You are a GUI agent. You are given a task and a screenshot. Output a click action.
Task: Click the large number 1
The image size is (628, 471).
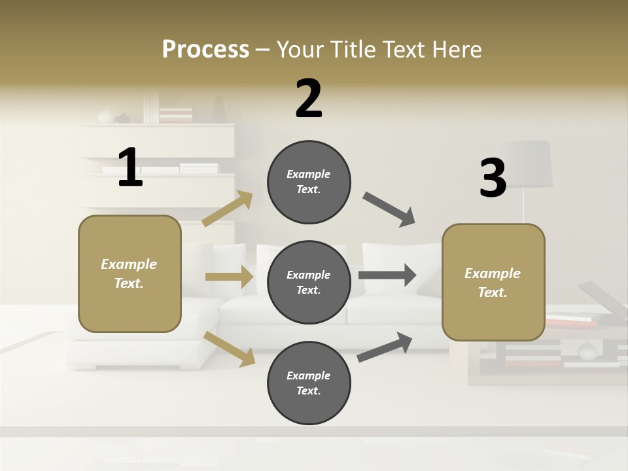[130, 167]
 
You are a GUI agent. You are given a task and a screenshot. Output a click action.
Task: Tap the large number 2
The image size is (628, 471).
[309, 99]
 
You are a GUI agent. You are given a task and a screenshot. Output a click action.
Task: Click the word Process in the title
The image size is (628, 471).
[205, 49]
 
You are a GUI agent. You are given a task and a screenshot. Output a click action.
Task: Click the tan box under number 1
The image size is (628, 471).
[130, 273]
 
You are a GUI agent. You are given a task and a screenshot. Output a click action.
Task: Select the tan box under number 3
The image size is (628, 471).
[493, 283]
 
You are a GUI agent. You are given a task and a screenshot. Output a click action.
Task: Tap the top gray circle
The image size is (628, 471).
[309, 182]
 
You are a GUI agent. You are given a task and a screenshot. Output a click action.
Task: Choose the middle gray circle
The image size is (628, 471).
[309, 282]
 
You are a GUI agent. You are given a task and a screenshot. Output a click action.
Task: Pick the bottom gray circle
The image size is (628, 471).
[309, 383]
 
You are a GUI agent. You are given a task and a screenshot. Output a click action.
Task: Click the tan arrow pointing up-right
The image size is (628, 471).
[228, 209]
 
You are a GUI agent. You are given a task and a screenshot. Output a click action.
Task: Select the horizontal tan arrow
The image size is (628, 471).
[229, 277]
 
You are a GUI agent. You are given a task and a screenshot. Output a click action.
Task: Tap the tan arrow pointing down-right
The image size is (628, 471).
[229, 348]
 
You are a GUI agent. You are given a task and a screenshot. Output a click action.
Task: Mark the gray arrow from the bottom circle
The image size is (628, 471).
[385, 347]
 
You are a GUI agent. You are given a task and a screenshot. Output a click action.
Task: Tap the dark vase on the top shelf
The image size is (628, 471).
[218, 110]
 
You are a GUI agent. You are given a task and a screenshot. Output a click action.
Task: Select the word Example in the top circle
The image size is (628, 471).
[309, 175]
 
